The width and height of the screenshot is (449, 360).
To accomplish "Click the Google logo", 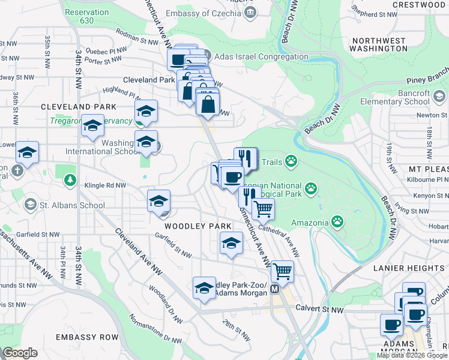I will coord(20,353).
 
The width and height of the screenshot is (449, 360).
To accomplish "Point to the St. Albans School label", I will coord(72,205).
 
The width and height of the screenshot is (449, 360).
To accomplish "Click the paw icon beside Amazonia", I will coord(337,223).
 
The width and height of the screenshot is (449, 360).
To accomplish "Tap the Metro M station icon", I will coord(276,289).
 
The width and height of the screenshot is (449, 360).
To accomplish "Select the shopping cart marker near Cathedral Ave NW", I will coord(262,209).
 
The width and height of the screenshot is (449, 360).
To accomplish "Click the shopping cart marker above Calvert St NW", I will coord(282,271).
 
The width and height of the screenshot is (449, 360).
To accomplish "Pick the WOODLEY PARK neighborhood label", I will coord(190,226).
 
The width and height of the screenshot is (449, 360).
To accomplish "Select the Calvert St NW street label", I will coord(321,308).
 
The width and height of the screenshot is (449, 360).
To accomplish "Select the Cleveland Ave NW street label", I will coord(139,253).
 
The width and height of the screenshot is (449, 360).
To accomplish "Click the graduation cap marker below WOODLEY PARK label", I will coord(231,244).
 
